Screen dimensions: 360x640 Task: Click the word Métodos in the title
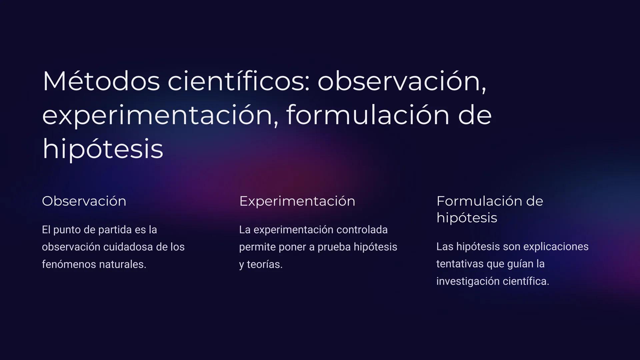click(101, 81)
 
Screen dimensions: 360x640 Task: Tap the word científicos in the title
click(239, 81)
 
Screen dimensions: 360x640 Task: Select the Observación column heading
click(84, 201)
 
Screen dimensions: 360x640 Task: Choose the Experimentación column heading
click(297, 201)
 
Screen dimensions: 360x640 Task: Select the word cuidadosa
click(128, 247)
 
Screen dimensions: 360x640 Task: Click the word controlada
click(362, 230)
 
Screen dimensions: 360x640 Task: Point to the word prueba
click(334, 247)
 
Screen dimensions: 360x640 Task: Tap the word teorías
click(264, 264)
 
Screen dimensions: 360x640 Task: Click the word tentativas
click(460, 264)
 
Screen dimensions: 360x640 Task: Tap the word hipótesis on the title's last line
click(103, 149)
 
